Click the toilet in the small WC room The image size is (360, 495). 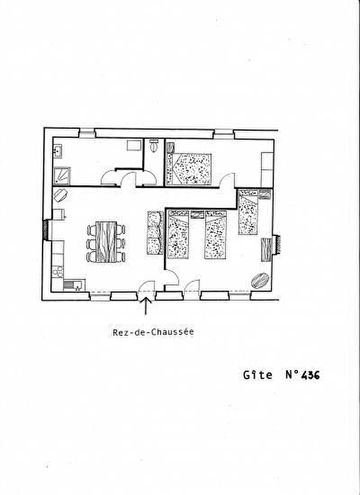click(x=154, y=146)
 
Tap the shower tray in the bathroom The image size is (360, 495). click(x=61, y=175)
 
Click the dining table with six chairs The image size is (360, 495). click(x=106, y=242)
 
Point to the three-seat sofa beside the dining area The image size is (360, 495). click(x=155, y=233)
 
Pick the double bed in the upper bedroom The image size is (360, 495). click(x=188, y=169)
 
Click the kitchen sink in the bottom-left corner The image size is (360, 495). click(x=73, y=285)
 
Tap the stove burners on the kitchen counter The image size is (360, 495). click(x=58, y=271)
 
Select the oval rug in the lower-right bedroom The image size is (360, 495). click(x=260, y=280)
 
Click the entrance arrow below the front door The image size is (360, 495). click(x=145, y=306)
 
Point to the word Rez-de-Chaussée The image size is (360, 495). click(x=153, y=332)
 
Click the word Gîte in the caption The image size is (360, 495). click(x=258, y=375)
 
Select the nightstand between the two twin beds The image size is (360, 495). click(x=197, y=214)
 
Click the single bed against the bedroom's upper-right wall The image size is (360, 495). click(x=248, y=212)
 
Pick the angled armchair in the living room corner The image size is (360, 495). click(x=60, y=195)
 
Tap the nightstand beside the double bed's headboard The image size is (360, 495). click(x=170, y=147)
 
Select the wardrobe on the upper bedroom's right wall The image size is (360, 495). click(x=267, y=170)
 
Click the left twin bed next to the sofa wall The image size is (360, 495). click(x=178, y=234)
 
